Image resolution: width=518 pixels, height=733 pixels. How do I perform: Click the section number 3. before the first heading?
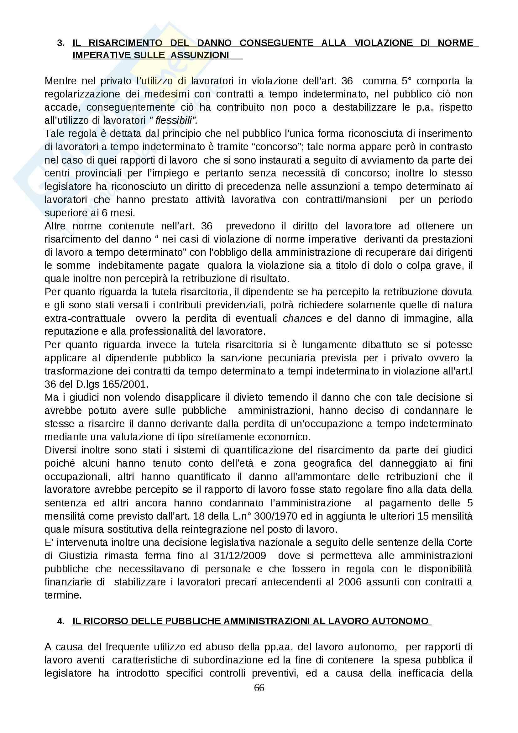[x=61, y=43]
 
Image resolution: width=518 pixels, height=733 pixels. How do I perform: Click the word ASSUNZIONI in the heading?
[x=200, y=55]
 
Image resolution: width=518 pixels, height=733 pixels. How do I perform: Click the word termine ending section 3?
[x=63, y=595]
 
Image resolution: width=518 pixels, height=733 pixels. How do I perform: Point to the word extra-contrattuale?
[x=85, y=318]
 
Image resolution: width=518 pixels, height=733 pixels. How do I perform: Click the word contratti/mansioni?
[x=346, y=200]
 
